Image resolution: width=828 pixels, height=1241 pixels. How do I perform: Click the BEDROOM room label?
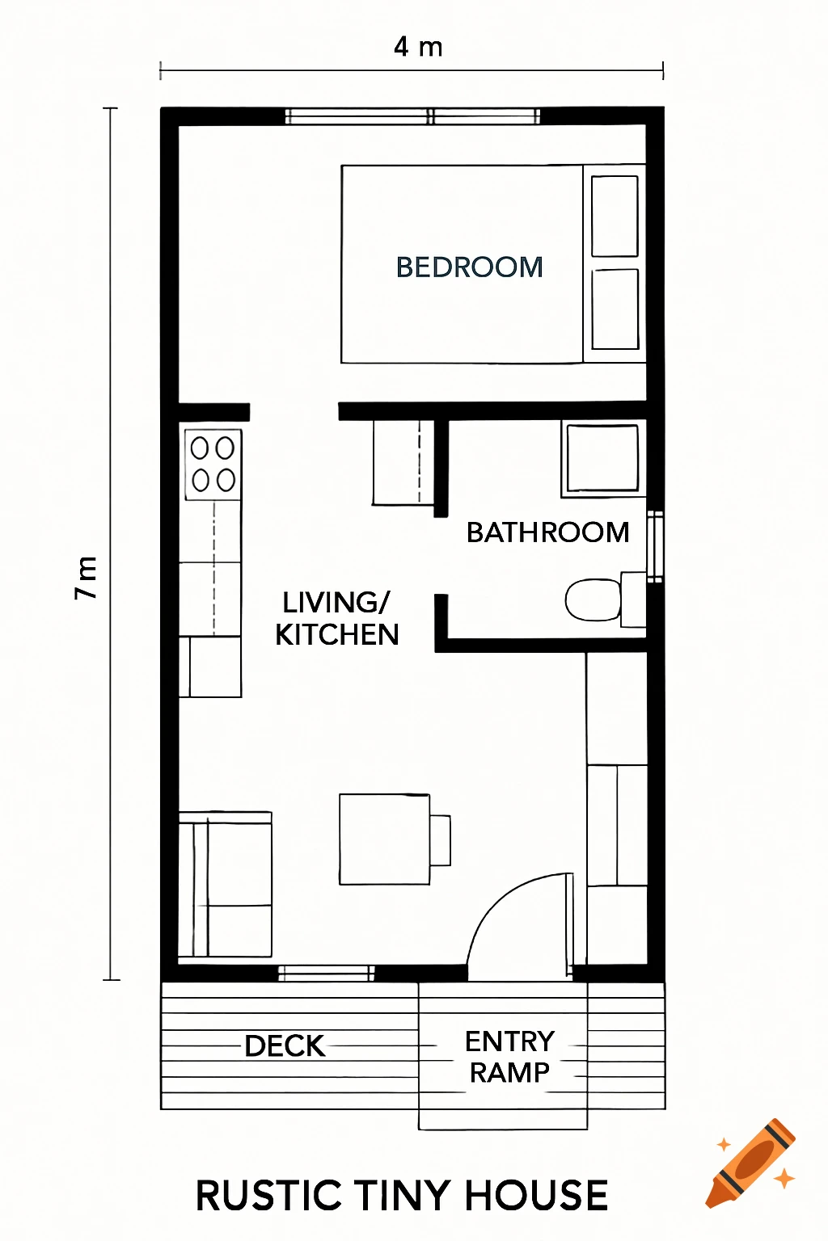coord(469,267)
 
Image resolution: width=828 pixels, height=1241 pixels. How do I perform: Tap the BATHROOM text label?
coord(547,532)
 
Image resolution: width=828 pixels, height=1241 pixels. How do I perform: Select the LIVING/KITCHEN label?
coord(337,619)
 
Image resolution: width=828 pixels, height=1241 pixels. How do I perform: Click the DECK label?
coord(285,1046)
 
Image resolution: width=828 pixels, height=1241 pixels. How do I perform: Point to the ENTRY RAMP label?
coord(509,1057)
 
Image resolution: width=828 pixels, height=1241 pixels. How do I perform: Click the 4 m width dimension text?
coord(418,48)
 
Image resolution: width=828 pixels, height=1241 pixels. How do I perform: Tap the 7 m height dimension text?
coord(87,577)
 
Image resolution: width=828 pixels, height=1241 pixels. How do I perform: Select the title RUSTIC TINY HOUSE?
coord(402,1196)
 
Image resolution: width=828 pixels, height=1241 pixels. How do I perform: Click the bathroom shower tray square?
coord(602,458)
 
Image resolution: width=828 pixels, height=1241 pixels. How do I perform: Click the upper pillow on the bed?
coord(615,216)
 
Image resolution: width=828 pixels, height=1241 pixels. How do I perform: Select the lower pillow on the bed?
coord(615,309)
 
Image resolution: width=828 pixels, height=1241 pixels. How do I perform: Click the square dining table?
coord(384,839)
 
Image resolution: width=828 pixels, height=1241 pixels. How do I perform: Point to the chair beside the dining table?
coord(440,840)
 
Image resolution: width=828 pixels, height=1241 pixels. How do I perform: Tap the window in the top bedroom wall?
coord(413,116)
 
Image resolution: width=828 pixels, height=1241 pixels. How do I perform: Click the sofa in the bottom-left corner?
coord(226,885)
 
